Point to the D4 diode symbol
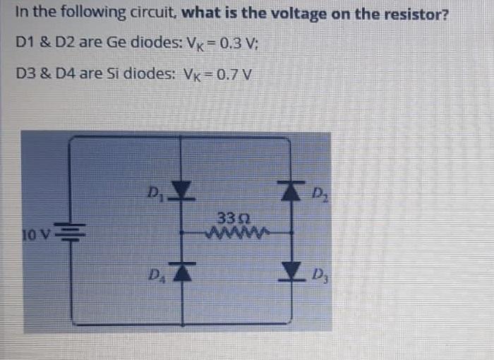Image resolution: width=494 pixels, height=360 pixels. coord(183,271)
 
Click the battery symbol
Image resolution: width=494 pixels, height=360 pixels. coord(70,232)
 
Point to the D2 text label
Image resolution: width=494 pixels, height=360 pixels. coord(318,193)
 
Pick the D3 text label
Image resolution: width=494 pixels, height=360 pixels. coord(319,273)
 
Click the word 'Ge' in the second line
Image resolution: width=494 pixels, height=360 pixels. coord(115,42)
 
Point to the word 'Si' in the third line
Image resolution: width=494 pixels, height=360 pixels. coord(112,73)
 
